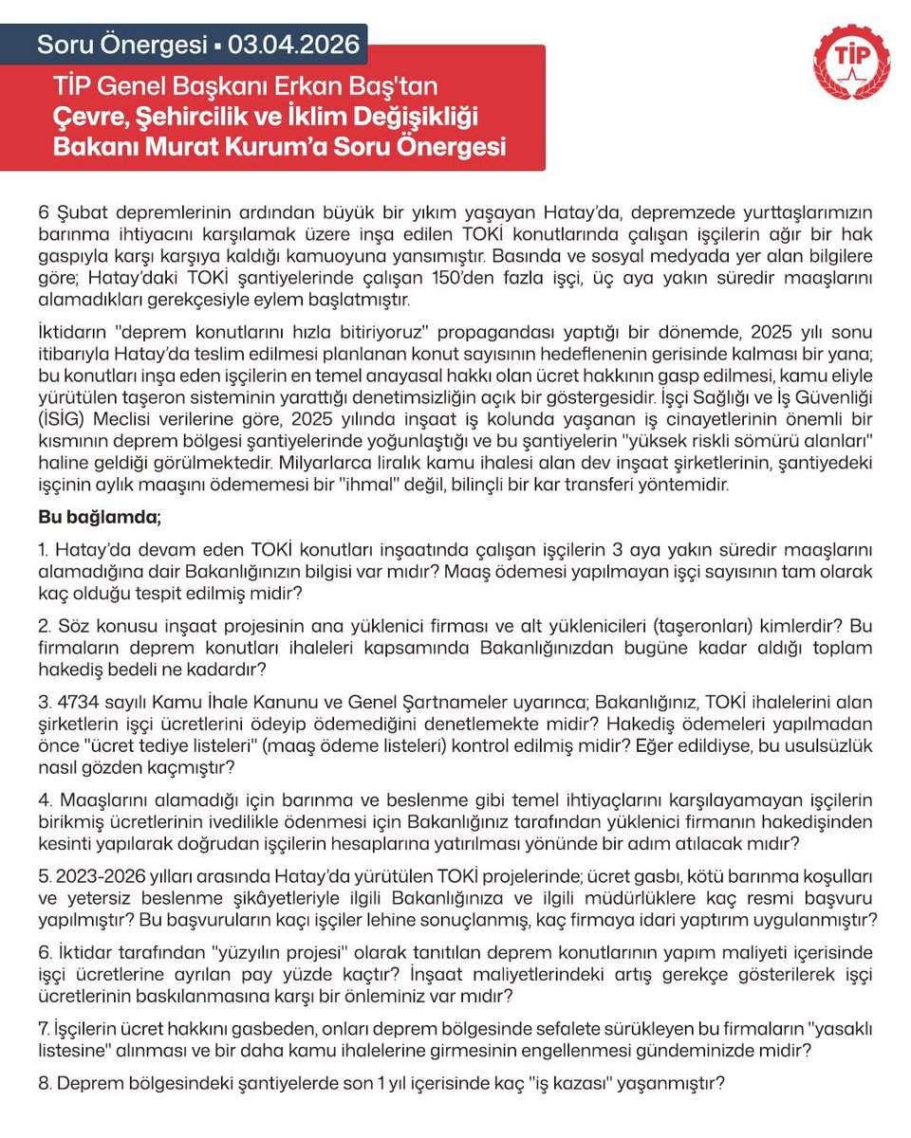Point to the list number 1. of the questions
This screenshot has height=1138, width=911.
coord(45,550)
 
